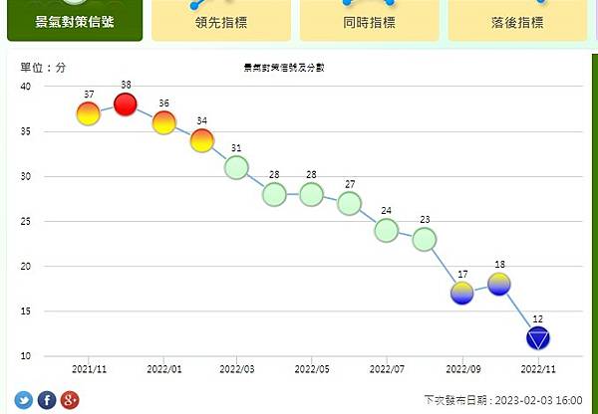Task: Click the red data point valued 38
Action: pyautogui.click(x=126, y=104)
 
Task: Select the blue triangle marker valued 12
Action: pyautogui.click(x=538, y=338)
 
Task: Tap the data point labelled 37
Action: pyautogui.click(x=89, y=114)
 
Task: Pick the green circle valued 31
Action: pyautogui.click(x=236, y=167)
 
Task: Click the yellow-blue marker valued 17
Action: pyautogui.click(x=462, y=293)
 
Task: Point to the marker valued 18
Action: pyautogui.click(x=500, y=284)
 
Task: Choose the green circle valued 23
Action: pyautogui.click(x=425, y=239)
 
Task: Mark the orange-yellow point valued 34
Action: pyautogui.click(x=202, y=141)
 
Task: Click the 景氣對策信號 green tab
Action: pyautogui.click(x=74, y=21)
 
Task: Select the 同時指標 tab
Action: pyautogui.click(x=369, y=21)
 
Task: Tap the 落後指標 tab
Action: pyautogui.click(x=517, y=21)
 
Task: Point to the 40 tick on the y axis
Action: pyautogui.click(x=25, y=87)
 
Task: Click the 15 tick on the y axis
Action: pyautogui.click(x=25, y=311)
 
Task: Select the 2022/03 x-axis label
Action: pyautogui.click(x=237, y=368)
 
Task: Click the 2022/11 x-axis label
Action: pyautogui.click(x=538, y=368)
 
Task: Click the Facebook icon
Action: pyautogui.click(x=47, y=400)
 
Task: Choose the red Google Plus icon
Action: pyautogui.click(x=69, y=400)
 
